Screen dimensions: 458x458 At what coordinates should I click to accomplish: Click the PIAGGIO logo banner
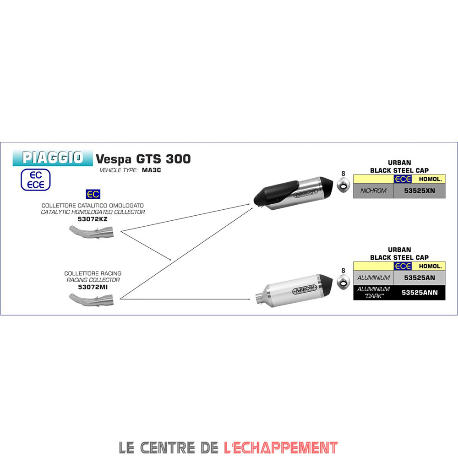click(x=53, y=158)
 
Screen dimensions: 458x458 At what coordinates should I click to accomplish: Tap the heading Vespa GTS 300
click(x=143, y=159)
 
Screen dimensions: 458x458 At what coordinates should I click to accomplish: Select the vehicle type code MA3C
click(x=151, y=170)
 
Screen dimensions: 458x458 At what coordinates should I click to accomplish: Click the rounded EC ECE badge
click(x=36, y=180)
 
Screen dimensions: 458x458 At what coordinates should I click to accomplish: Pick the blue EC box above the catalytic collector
click(x=93, y=194)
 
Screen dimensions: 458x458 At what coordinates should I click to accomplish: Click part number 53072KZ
click(x=93, y=219)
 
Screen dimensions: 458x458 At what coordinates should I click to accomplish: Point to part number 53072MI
click(x=93, y=287)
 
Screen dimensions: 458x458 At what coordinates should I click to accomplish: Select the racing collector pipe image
click(x=91, y=300)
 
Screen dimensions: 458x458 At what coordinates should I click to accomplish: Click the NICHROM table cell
click(x=373, y=191)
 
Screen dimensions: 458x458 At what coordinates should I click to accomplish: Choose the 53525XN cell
click(x=420, y=191)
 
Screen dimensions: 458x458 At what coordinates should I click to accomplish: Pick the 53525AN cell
click(x=420, y=278)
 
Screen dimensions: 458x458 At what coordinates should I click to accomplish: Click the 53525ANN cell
click(x=420, y=293)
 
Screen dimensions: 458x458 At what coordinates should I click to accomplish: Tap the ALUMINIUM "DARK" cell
click(x=373, y=293)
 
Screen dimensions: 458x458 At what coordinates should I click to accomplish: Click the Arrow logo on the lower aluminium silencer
click(x=305, y=289)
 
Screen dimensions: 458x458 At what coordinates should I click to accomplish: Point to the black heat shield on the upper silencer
click(x=276, y=193)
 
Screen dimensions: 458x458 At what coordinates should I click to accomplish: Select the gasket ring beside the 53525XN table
click(x=343, y=185)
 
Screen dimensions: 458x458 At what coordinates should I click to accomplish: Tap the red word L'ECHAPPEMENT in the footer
click(x=281, y=447)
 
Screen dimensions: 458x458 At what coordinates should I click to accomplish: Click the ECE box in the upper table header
click(x=403, y=179)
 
